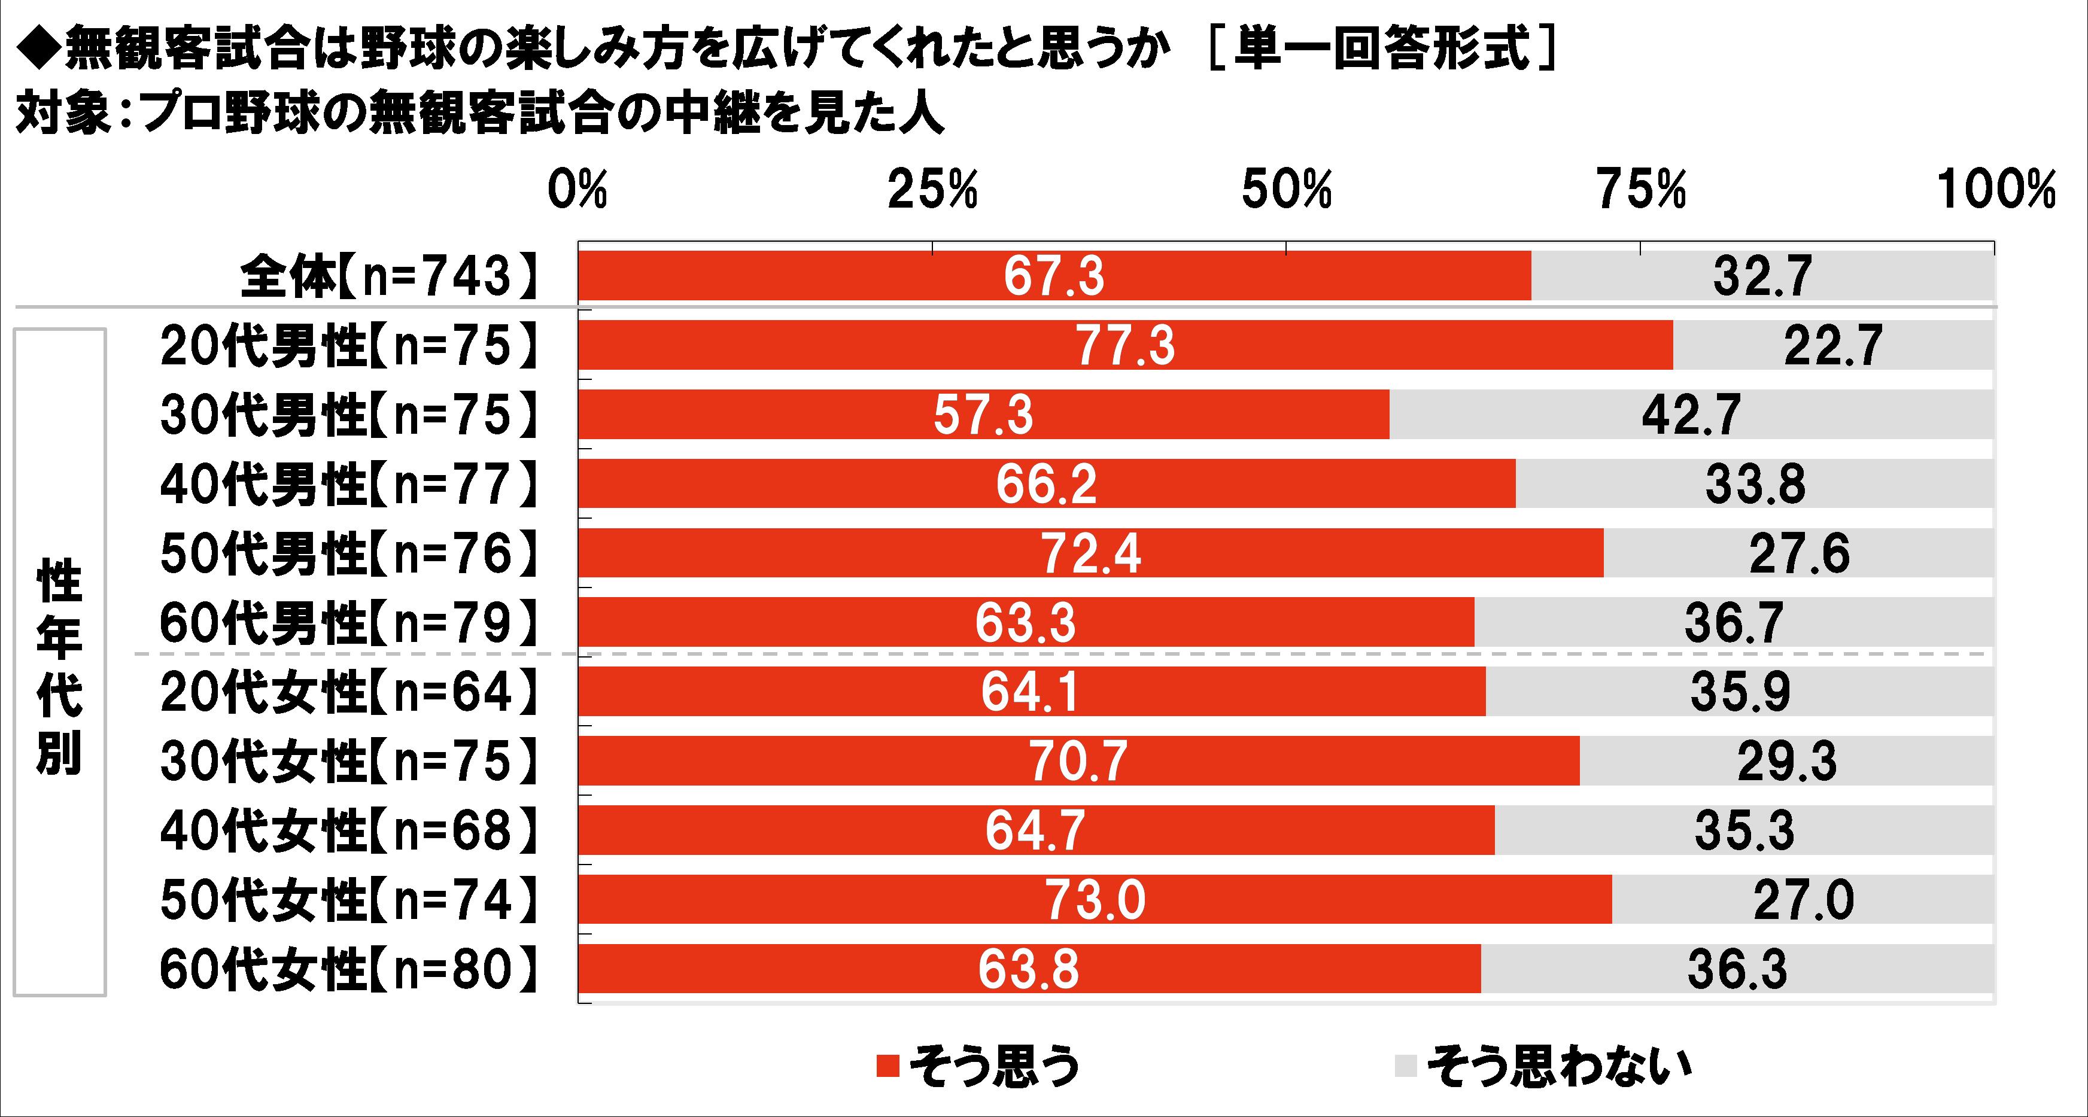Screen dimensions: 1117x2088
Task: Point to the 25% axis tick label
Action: (932, 191)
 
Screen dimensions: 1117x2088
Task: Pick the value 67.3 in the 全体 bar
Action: (1054, 276)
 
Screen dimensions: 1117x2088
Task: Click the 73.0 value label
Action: (1095, 900)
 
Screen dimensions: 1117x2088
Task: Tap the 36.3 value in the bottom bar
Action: (1737, 969)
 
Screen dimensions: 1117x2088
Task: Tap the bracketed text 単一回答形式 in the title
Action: (1381, 51)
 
